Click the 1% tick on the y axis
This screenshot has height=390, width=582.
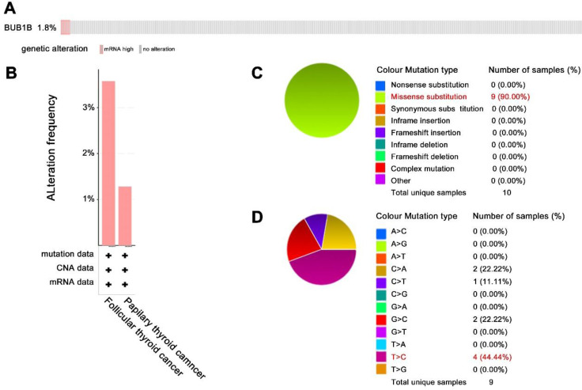pos(89,199)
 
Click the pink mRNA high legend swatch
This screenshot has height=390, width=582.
pos(102,49)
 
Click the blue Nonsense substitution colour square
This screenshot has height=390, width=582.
pos(380,84)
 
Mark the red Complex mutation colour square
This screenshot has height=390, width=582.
pos(380,168)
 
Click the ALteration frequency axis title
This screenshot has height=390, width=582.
pos(53,146)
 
